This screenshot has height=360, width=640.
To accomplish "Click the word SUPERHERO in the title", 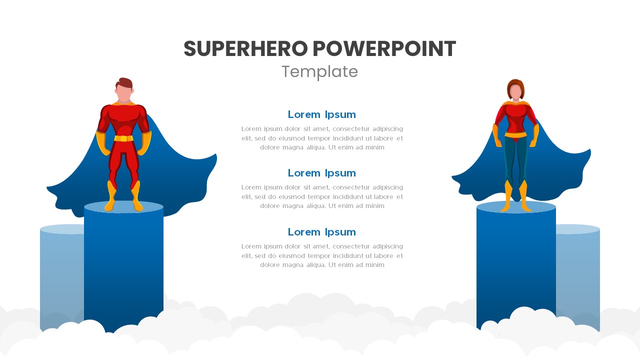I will click(x=245, y=49).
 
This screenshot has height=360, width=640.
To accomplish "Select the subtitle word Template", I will click(x=319, y=72).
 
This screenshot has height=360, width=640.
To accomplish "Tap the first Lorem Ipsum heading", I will click(x=321, y=114).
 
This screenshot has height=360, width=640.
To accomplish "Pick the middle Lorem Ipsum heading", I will click(x=321, y=173).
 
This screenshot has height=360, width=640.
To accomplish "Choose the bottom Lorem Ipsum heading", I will click(x=321, y=232).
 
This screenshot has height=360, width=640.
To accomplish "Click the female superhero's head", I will click(x=515, y=91).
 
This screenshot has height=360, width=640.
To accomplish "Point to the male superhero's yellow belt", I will click(x=123, y=138).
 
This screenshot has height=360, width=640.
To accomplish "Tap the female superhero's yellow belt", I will click(x=515, y=134).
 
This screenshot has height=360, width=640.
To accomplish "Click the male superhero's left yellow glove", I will click(x=102, y=144).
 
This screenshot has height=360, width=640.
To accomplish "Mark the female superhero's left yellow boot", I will click(x=507, y=196).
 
